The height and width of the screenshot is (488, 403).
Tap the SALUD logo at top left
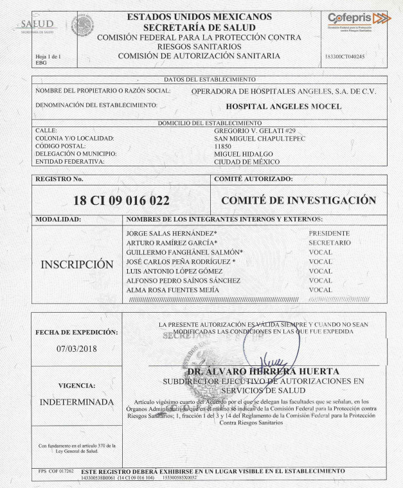[x=37, y=26]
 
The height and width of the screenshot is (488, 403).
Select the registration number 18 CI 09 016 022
[x=120, y=200]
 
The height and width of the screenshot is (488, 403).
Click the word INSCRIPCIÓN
[x=76, y=264]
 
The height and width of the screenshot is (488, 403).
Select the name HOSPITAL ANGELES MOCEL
[x=285, y=106]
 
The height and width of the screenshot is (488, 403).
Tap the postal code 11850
[x=222, y=146]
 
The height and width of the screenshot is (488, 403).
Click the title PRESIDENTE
[x=329, y=233]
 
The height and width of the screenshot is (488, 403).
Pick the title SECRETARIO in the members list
[x=330, y=243]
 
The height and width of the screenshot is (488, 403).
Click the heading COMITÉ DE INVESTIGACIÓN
[x=298, y=200]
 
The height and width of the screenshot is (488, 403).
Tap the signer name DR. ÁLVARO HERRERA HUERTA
[x=264, y=372]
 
